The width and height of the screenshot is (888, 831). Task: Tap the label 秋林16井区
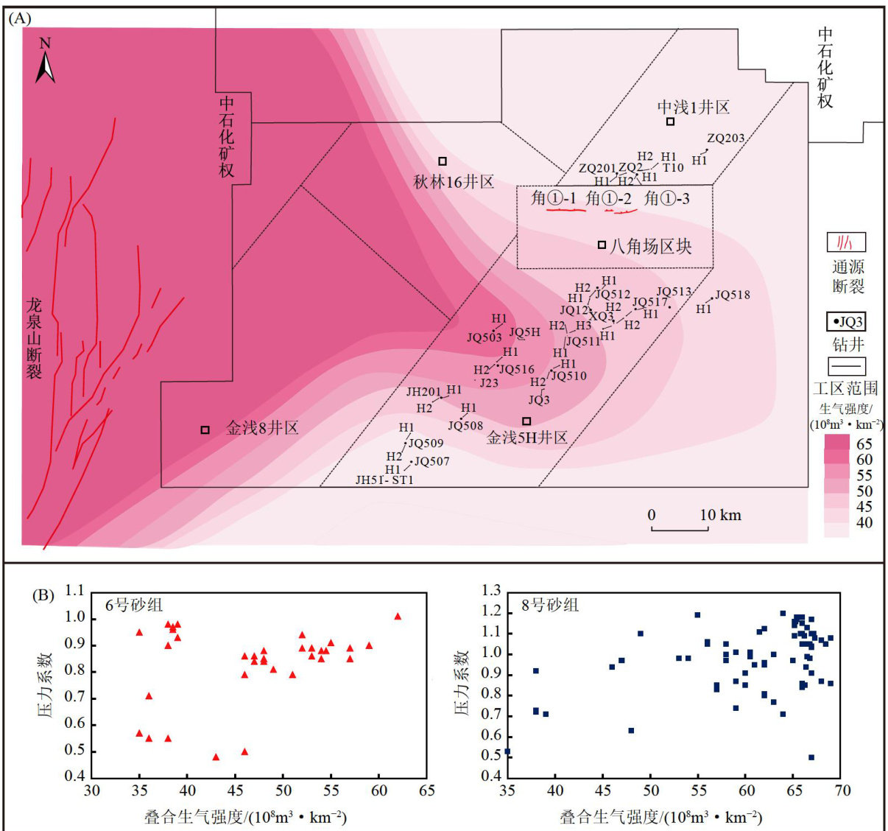[x=453, y=182]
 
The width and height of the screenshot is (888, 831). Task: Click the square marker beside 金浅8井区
[x=205, y=429]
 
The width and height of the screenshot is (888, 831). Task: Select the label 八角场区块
[x=650, y=246]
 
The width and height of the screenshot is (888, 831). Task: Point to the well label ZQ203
[x=725, y=138]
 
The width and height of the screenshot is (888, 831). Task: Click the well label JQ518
[x=732, y=295]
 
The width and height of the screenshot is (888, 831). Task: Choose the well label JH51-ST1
[x=384, y=480]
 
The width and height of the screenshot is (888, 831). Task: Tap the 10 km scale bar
[x=680, y=528]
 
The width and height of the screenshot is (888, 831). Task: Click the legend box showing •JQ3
[x=845, y=322]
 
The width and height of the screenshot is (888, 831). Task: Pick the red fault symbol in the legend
[x=845, y=242]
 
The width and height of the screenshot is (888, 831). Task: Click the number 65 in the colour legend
[x=864, y=443]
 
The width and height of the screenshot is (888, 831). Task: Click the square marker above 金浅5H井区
[x=526, y=421]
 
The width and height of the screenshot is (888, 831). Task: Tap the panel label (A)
[x=19, y=19]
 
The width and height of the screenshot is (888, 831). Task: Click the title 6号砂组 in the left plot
[x=135, y=605]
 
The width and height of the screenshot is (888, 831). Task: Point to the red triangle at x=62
[x=398, y=617]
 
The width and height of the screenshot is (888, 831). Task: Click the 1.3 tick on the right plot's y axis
[x=490, y=591]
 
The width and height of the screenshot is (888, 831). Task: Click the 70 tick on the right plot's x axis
[x=842, y=791]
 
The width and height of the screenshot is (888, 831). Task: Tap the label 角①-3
[x=667, y=199]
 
